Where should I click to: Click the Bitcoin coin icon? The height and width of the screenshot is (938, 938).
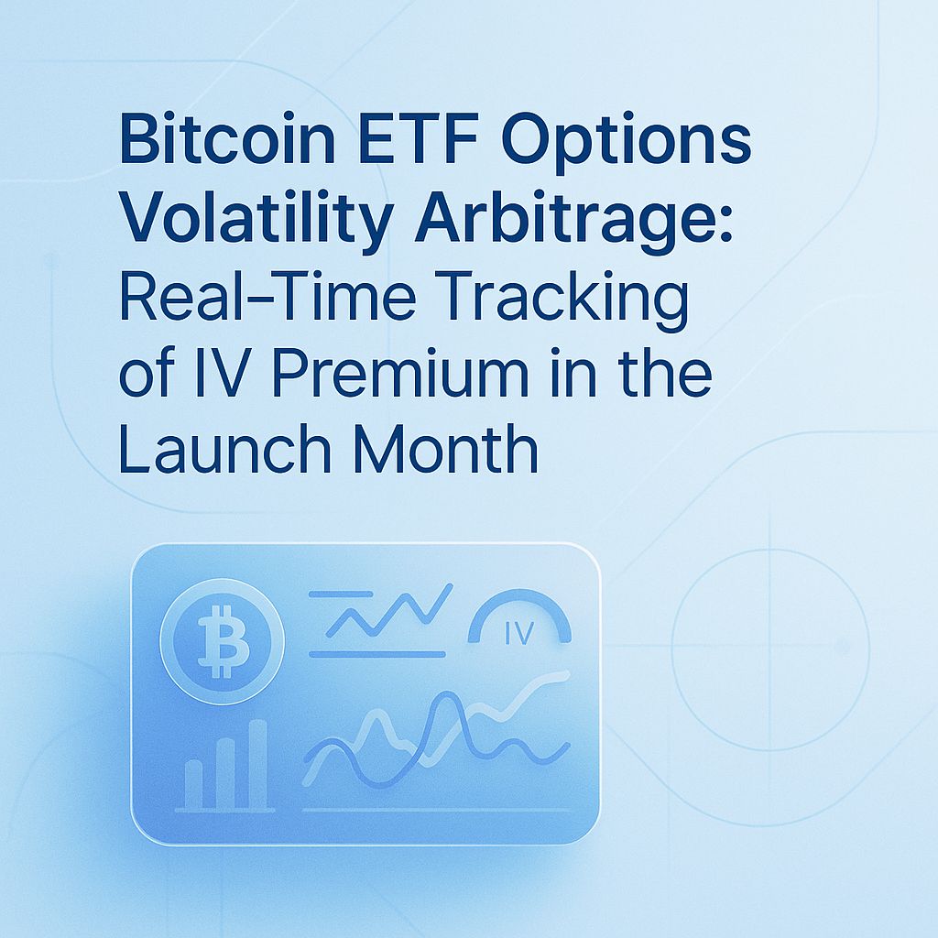click(x=222, y=640)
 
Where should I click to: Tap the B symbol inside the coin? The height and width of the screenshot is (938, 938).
click(x=222, y=641)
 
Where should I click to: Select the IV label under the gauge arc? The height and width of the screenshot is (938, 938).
click(x=518, y=635)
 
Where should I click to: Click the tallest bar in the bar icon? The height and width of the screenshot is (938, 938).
click(x=257, y=764)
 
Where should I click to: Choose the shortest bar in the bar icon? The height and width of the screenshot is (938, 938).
click(x=193, y=784)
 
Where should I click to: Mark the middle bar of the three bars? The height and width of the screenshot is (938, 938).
click(x=225, y=773)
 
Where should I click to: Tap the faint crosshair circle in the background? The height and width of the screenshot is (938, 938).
click(x=769, y=646)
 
